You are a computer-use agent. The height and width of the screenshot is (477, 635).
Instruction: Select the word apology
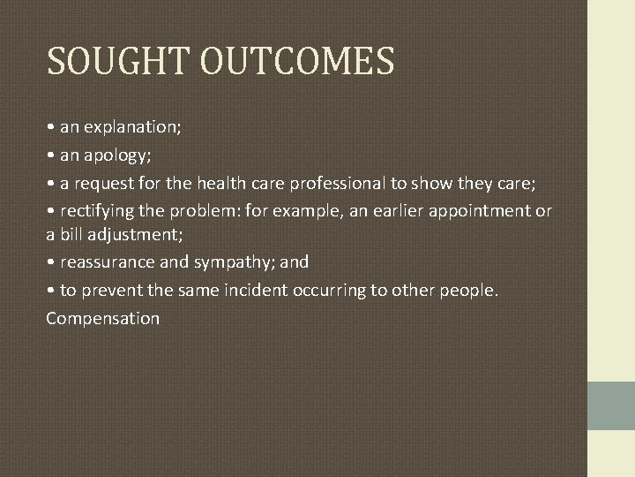tap(115, 156)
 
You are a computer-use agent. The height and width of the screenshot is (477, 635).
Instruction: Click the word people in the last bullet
tap(467, 291)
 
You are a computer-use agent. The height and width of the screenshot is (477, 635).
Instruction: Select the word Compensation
tap(103, 318)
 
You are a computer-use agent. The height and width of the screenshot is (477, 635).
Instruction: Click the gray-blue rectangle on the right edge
tap(610, 405)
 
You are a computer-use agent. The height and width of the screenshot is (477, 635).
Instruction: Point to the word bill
tap(69, 234)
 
